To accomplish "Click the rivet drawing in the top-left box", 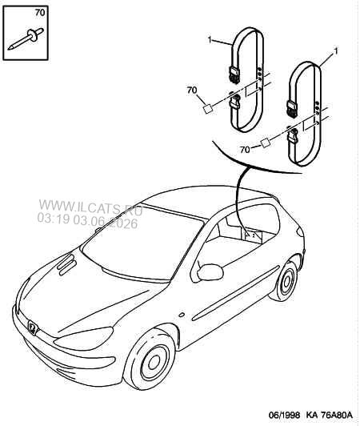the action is [x=26, y=38].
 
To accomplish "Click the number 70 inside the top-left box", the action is [x=40, y=13].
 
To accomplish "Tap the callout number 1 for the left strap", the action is [x=210, y=40].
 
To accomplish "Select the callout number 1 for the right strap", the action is [x=336, y=51].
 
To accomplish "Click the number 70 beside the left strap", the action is [x=192, y=90].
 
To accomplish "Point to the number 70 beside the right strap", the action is [x=245, y=150].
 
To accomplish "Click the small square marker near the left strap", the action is [x=208, y=109].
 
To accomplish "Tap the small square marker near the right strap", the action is [x=266, y=143].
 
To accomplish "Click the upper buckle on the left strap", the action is [x=234, y=74].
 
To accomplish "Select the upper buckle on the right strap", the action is [x=292, y=108].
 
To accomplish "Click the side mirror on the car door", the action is [x=210, y=271].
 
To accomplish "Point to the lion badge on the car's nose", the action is [x=32, y=327].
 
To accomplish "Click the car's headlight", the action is [x=84, y=339].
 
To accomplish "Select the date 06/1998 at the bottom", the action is [x=285, y=415].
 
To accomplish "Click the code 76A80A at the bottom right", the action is [x=337, y=415].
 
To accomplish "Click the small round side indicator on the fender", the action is [x=181, y=315].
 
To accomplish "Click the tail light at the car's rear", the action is [x=299, y=231].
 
